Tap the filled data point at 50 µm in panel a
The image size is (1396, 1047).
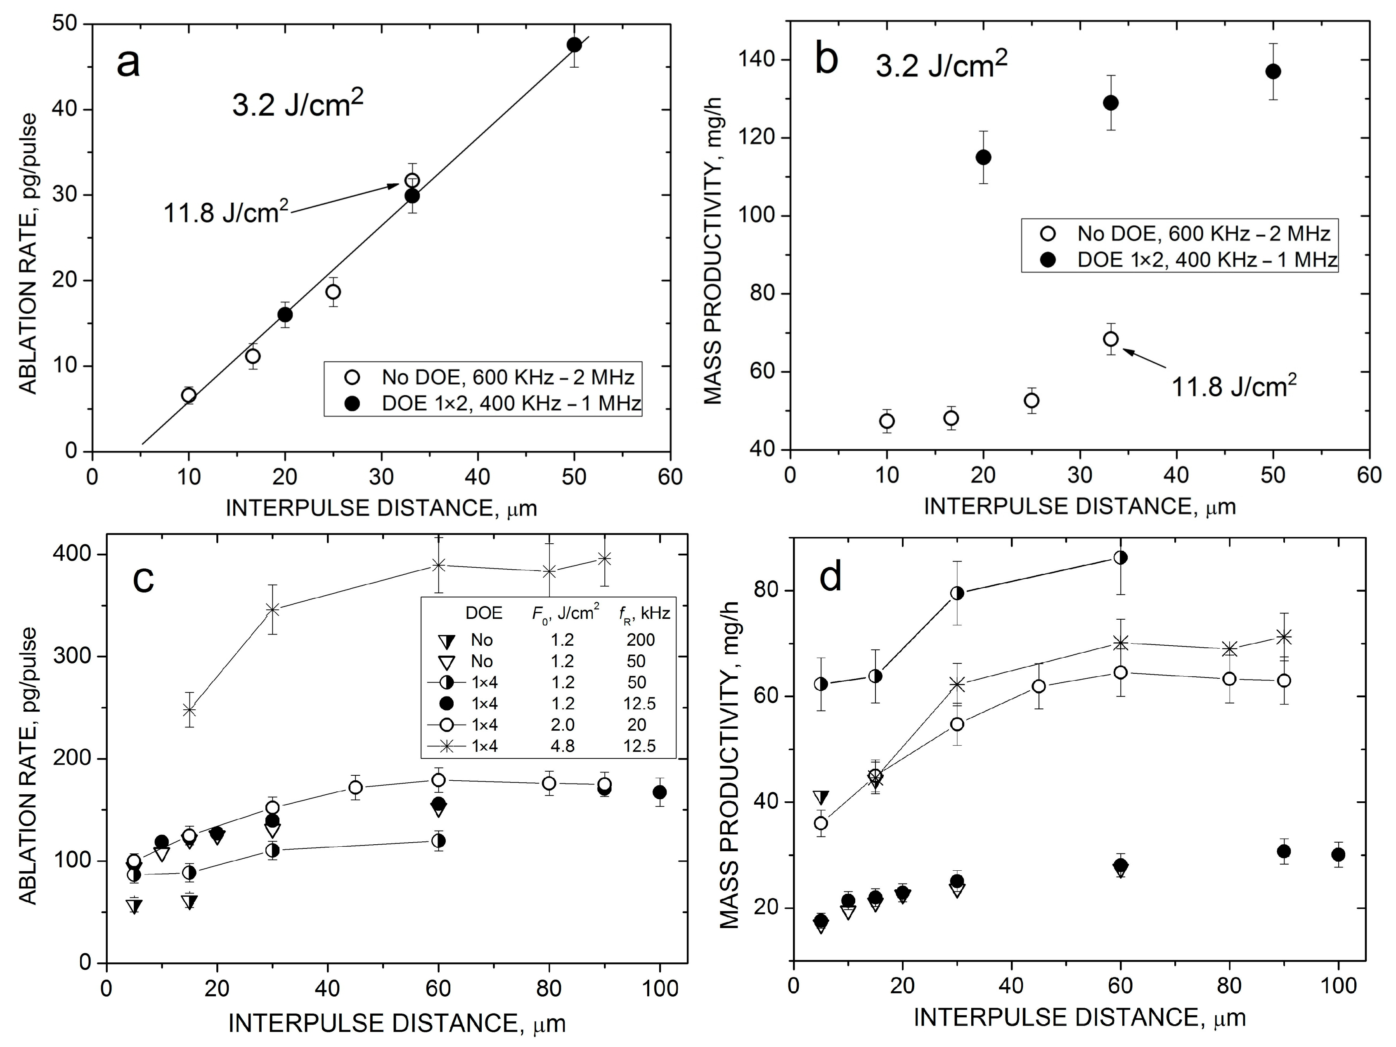[574, 45]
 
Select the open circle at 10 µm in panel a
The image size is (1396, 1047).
[189, 395]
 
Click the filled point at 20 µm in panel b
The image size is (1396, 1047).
[983, 157]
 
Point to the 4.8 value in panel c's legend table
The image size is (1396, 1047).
[562, 746]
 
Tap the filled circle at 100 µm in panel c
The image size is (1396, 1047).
[660, 792]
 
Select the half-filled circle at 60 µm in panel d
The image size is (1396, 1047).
[1120, 557]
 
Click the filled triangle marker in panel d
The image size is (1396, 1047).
[821, 797]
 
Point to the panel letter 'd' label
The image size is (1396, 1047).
[831, 577]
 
